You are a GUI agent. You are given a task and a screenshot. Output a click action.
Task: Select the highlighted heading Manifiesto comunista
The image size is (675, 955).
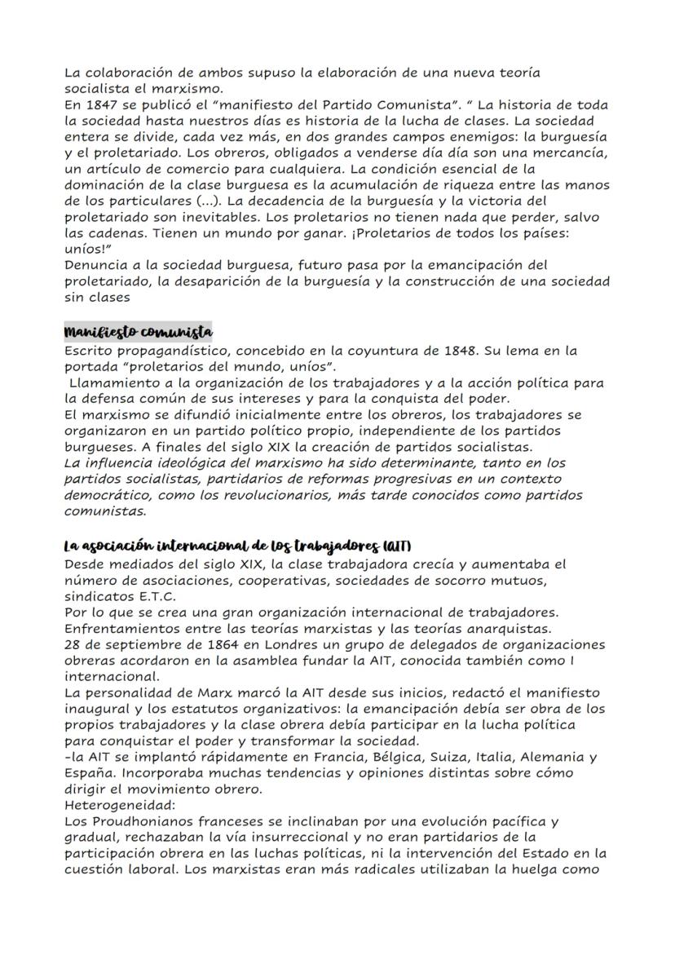click(138, 333)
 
